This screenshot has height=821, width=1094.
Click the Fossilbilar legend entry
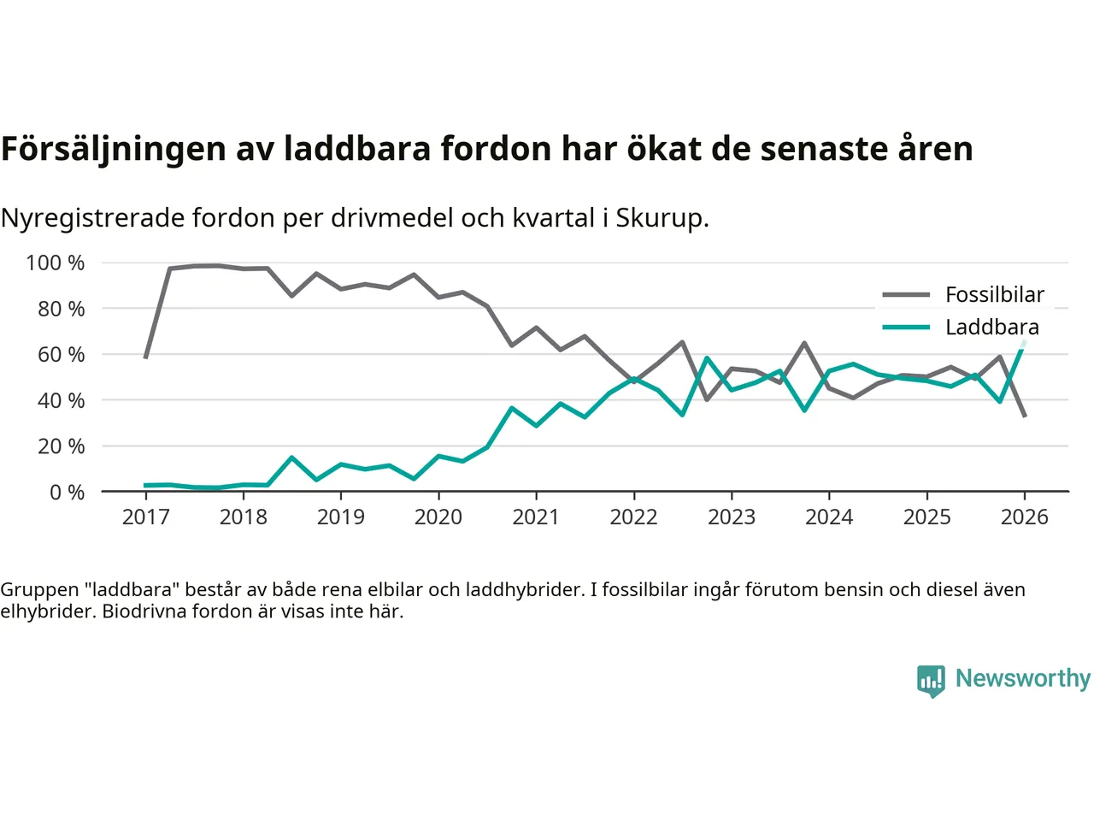click(994, 295)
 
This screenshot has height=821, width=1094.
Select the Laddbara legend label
click(991, 328)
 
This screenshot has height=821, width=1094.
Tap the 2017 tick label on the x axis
click(146, 517)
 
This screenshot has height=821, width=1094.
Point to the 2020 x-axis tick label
click(438, 517)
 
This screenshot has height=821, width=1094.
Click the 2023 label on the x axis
click(732, 517)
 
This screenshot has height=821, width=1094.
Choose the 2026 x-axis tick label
click(1024, 517)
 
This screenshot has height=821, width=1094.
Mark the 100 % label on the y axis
click(56, 263)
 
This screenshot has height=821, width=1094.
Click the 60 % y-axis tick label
click(61, 355)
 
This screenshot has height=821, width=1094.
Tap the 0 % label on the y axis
click(67, 493)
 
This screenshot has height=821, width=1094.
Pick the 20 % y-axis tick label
click(61, 446)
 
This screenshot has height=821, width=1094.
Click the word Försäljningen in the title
click(113, 149)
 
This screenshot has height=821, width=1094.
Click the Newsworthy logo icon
click(931, 681)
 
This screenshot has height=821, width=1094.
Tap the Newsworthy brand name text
click(1022, 678)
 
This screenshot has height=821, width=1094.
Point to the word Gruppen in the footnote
click(39, 590)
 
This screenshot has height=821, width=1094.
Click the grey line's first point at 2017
click(146, 357)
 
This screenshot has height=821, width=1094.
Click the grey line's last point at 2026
click(1025, 416)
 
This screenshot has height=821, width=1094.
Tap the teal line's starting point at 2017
click(146, 486)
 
